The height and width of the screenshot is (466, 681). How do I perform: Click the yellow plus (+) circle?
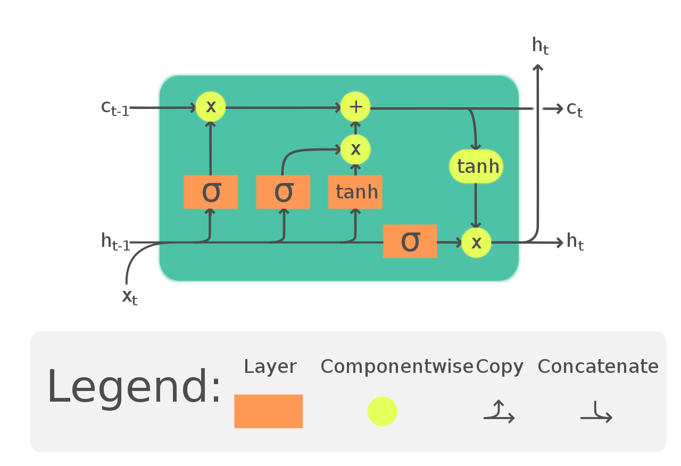click(x=355, y=107)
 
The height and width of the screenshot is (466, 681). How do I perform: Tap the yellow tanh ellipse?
click(x=476, y=167)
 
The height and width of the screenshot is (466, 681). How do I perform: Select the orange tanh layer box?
click(x=355, y=192)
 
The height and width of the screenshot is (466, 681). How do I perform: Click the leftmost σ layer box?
click(x=211, y=192)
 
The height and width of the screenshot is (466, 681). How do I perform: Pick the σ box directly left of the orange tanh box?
click(x=283, y=192)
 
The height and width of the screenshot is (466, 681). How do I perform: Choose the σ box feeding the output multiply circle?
click(x=410, y=241)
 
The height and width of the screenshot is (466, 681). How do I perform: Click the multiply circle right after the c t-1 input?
click(x=211, y=107)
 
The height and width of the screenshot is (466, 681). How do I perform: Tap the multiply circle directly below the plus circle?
click(x=355, y=149)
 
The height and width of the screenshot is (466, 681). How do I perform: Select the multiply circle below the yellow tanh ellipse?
click(x=476, y=243)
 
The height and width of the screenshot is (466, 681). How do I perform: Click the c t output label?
click(x=575, y=109)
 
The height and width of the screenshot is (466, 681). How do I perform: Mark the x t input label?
click(x=129, y=296)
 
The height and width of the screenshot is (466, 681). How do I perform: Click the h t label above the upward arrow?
click(x=540, y=46)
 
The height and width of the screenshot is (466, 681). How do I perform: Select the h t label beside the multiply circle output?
click(x=575, y=242)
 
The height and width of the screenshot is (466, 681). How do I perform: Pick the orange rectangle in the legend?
click(x=268, y=411)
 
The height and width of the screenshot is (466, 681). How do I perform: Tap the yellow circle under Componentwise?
click(x=382, y=411)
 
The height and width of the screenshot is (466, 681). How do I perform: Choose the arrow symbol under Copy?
click(x=499, y=413)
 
